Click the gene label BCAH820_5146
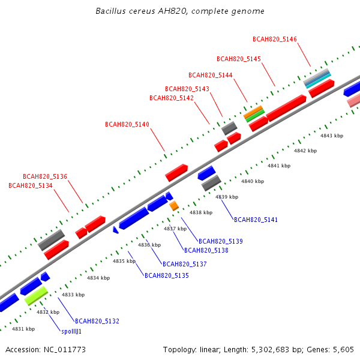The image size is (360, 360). (275, 39)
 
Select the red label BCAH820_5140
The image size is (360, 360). (127, 124)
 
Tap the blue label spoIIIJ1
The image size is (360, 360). (71, 332)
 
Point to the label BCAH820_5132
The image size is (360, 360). (97, 321)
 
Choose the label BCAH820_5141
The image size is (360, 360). (256, 220)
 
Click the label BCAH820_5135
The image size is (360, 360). (167, 275)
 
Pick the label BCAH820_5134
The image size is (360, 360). (31, 185)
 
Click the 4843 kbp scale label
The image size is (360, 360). (332, 136)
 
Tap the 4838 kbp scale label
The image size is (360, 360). (201, 212)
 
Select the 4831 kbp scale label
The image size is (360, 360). (23, 329)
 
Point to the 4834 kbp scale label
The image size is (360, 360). (98, 278)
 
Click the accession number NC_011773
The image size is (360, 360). (65, 350)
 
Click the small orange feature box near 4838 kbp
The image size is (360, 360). (174, 206)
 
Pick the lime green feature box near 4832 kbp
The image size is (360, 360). (36, 296)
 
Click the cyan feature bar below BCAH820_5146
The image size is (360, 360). (318, 81)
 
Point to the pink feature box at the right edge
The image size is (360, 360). (354, 101)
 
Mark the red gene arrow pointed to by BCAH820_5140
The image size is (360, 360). (176, 173)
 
